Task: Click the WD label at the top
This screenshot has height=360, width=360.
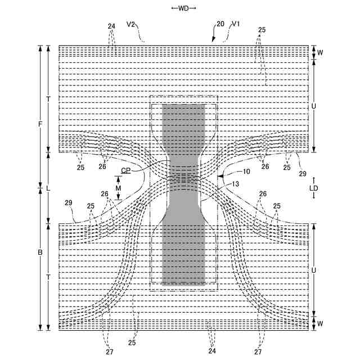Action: [183, 8]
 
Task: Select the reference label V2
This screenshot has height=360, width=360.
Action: [131, 24]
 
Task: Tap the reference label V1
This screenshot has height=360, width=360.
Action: [236, 24]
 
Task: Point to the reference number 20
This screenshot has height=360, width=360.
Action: [220, 24]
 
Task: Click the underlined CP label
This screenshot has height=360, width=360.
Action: [125, 170]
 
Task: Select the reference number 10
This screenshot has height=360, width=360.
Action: [246, 171]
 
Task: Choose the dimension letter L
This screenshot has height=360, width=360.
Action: [48, 188]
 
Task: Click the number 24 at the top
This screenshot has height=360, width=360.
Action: [111, 26]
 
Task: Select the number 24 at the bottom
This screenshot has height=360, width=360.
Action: [211, 352]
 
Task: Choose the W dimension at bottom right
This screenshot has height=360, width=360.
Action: [319, 323]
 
